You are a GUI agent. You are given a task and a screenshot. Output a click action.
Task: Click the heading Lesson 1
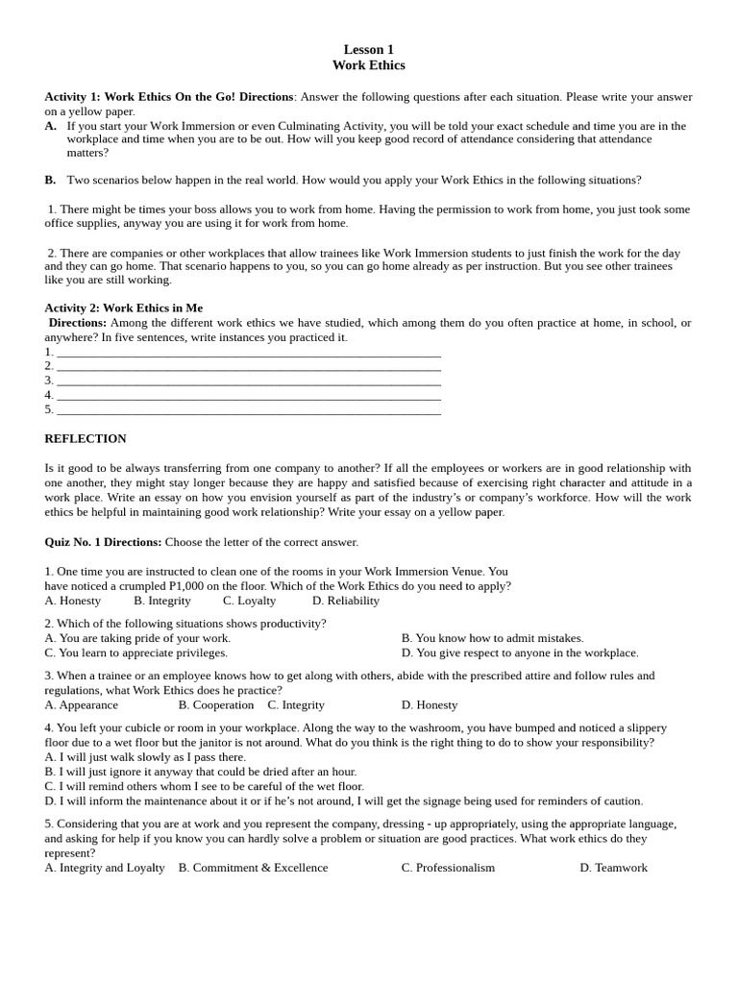pos(369,49)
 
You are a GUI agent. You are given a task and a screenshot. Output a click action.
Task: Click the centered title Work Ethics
pos(369,65)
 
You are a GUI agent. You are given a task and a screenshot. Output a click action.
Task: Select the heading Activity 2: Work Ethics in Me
pos(123,307)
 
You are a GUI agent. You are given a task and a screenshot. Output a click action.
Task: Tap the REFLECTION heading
pos(86,438)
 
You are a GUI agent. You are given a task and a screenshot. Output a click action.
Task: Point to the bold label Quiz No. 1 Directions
pos(103,542)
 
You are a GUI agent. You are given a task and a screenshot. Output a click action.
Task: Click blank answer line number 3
pos(248,381)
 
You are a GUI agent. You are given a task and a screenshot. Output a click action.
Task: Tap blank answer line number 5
pos(248,409)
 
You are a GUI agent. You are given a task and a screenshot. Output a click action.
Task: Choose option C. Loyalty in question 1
pos(249,601)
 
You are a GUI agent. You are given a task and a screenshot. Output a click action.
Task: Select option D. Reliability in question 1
pos(345,601)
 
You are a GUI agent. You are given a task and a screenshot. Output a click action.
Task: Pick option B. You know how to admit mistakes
pos(492,638)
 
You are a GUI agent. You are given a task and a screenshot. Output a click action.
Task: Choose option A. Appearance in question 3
pos(81,704)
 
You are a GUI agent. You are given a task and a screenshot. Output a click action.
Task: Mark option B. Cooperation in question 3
pos(216,704)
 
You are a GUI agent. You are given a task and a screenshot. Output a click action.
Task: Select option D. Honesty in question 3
pos(430,704)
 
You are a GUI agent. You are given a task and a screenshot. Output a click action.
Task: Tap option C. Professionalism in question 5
pos(448,867)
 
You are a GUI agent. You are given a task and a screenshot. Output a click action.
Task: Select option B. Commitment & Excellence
pos(253,867)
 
